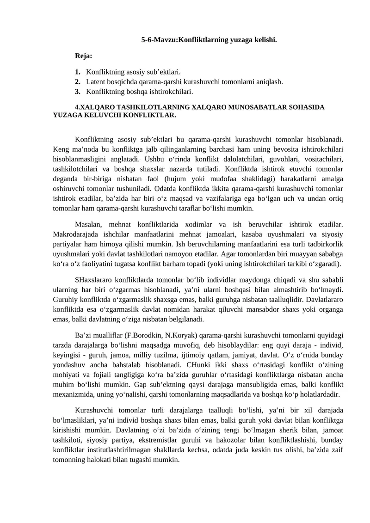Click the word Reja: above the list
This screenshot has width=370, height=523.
tap(83, 56)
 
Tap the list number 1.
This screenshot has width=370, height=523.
tap(77, 72)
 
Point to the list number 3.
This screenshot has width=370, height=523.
tap(77, 92)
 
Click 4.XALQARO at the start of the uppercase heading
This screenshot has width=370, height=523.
tap(95, 107)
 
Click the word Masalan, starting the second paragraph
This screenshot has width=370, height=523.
tap(90, 224)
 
